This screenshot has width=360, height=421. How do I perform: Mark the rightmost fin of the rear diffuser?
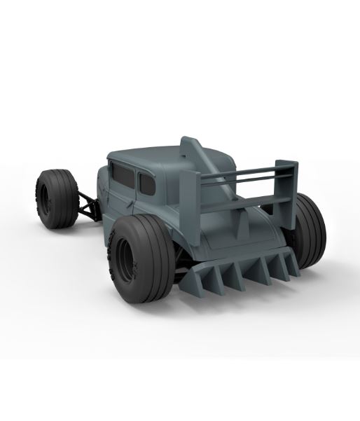pyautogui.click(x=289, y=264)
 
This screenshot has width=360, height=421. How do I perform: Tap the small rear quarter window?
pyautogui.click(x=147, y=184)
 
